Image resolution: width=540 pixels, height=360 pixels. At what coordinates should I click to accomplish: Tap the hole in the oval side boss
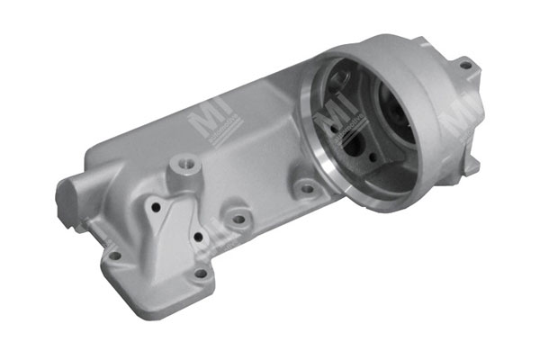[238, 218]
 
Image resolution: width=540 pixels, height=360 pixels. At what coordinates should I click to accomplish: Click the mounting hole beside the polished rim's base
[306, 190]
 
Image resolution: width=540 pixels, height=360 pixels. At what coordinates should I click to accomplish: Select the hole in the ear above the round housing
[464, 65]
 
